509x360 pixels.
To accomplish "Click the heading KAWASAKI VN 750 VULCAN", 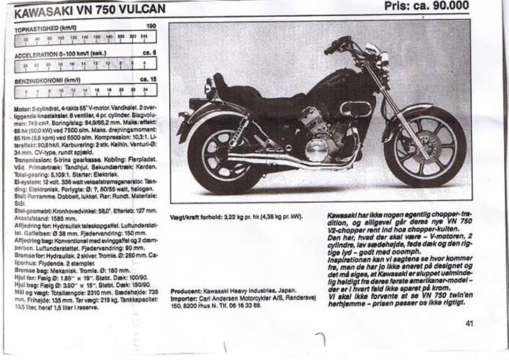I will (x=89, y=10).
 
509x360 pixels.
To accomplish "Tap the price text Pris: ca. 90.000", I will (x=426, y=6).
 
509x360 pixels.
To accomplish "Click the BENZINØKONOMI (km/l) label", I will (x=47, y=80).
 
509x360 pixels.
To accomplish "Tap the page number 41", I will (x=468, y=323).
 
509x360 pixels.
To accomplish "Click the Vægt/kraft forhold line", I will (x=238, y=217).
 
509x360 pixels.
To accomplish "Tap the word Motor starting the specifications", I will (x=22, y=110).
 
